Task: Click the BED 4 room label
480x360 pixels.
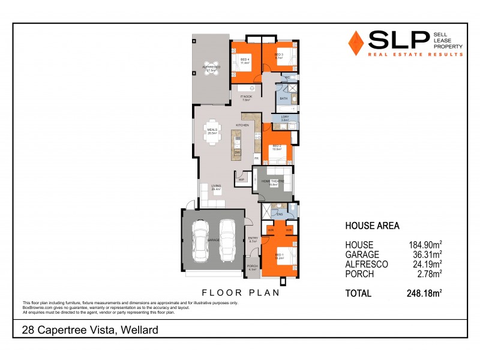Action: click(245, 59)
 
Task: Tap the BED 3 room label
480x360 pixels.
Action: click(278, 55)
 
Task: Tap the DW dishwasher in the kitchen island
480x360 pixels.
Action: click(238, 152)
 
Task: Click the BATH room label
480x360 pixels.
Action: click(284, 98)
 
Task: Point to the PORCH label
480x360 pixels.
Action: click(253, 266)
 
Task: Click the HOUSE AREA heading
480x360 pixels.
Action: click(372, 226)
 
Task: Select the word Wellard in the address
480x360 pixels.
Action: click(139, 330)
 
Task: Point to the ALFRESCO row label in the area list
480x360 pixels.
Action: click(367, 264)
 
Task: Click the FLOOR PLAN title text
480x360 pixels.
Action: click(240, 293)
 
